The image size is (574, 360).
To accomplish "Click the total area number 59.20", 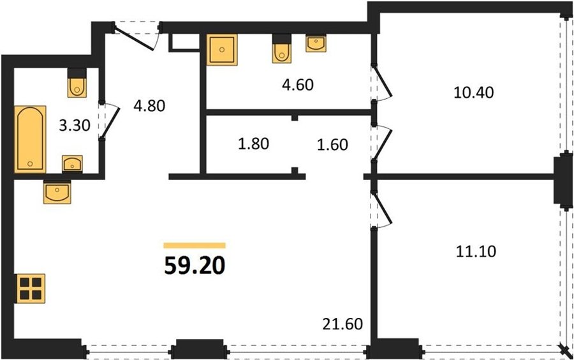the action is tap(195, 266).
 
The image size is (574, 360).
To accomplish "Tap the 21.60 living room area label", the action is tap(342, 324).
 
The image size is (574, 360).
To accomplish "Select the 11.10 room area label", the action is tap(476, 251).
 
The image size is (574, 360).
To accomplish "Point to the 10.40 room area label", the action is tap(474, 93).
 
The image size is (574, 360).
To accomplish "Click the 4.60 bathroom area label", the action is tap(298, 85).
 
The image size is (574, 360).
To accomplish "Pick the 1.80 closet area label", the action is tap(253, 144).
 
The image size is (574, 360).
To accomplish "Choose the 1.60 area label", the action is tap(333, 145).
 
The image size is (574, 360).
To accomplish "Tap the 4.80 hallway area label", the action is tap(149, 106).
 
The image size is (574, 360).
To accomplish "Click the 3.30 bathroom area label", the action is tap(75, 126).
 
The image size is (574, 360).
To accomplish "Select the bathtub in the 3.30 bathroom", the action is tap(31, 139).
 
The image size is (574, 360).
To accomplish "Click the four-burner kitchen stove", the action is tap(31, 289).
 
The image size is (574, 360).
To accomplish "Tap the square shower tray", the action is tap(222, 49).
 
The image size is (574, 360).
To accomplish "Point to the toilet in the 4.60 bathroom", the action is tap(281, 49).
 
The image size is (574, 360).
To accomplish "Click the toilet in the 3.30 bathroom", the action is tap(77, 83).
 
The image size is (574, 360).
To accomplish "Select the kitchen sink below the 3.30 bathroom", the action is tap(57, 192).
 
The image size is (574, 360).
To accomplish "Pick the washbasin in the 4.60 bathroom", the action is tap(316, 43).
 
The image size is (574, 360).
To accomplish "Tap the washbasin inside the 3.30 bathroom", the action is tap(72, 163).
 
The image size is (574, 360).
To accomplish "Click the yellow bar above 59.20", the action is tap(195, 245).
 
